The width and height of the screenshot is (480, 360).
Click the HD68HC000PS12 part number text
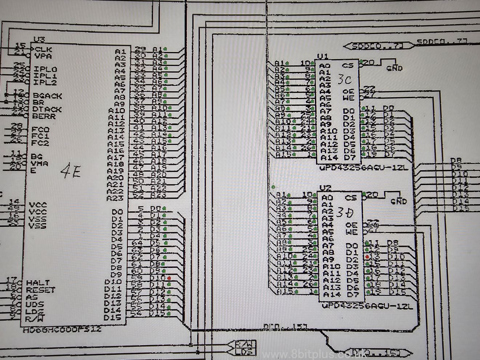click(62, 330)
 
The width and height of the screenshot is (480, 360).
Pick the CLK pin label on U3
click(43, 49)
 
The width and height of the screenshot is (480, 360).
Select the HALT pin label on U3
click(38, 283)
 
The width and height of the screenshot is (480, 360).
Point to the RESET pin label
click(40, 290)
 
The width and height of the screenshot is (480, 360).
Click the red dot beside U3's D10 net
click(169, 278)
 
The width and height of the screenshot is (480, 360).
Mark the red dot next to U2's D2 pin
click(368, 257)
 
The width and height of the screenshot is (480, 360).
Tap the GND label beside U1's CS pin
click(395, 68)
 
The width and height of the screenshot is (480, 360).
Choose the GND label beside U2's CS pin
click(399, 201)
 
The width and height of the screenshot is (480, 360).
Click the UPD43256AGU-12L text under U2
click(367, 306)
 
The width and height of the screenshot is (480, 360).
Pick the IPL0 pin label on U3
click(45, 69)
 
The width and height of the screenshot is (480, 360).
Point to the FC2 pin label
click(40, 143)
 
